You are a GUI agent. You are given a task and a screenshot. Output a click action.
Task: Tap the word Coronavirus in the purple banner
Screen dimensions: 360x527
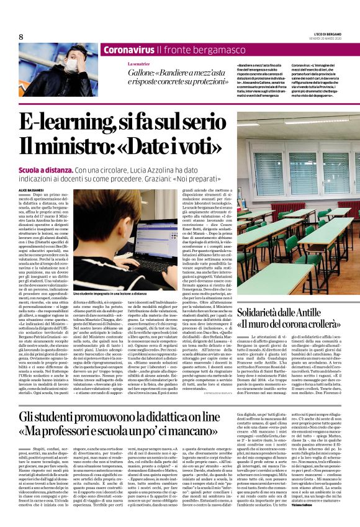pyautogui.click(x=120, y=50)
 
